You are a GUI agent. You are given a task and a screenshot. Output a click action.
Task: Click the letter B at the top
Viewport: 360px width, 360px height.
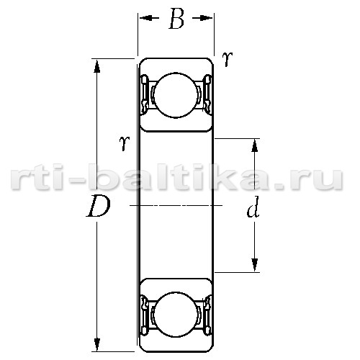pyautogui.click(x=176, y=19)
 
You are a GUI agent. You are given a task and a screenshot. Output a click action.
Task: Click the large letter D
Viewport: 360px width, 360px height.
pyautogui.click(x=99, y=206)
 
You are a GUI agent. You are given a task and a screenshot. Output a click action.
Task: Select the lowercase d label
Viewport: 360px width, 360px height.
pyautogui.click(x=253, y=207)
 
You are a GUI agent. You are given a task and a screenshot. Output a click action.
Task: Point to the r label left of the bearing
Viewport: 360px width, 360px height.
pyautogui.click(x=125, y=143)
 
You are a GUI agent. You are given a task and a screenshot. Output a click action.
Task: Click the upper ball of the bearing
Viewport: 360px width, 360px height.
pyautogui.click(x=176, y=95)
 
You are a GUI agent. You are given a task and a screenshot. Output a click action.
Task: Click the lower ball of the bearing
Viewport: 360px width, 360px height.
pyautogui.click(x=176, y=315)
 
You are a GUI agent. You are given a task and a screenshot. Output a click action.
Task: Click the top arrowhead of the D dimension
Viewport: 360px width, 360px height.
pyautogui.click(x=96, y=66)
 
